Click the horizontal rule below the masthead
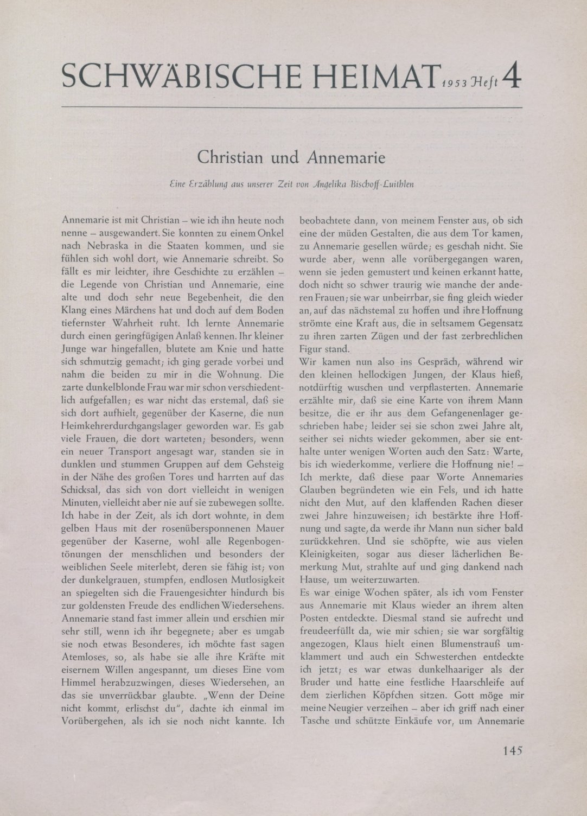[293, 108]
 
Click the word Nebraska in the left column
[104, 245]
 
